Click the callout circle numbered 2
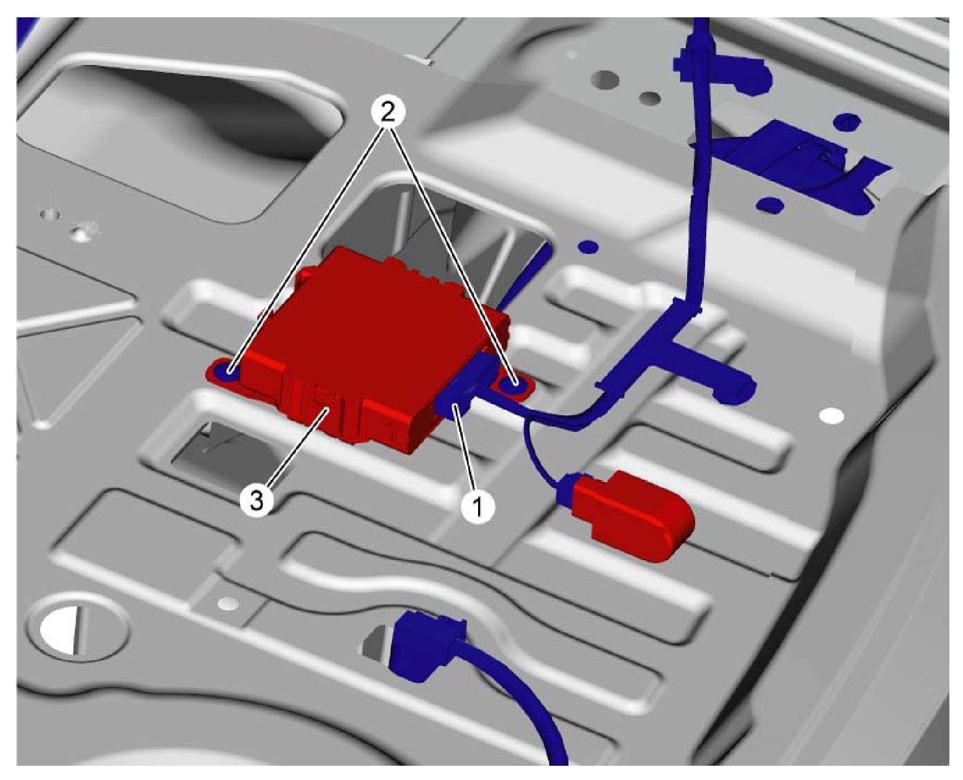pos(386,113)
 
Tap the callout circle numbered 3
pos(256,502)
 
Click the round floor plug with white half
pos(77,628)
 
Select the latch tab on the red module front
pos(322,398)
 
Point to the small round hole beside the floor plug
pos(229,603)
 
